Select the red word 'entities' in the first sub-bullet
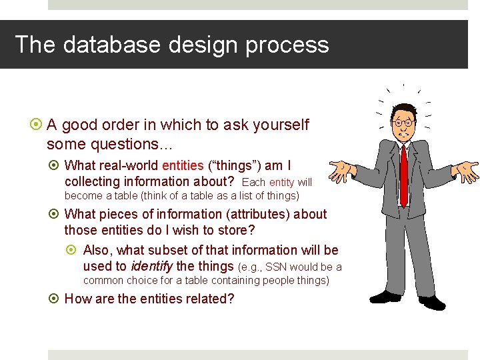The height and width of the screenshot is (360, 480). (x=183, y=165)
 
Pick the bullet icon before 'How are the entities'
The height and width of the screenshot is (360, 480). (x=55, y=299)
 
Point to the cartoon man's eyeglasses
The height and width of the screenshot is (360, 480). (x=403, y=123)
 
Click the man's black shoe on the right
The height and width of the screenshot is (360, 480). (x=431, y=301)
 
